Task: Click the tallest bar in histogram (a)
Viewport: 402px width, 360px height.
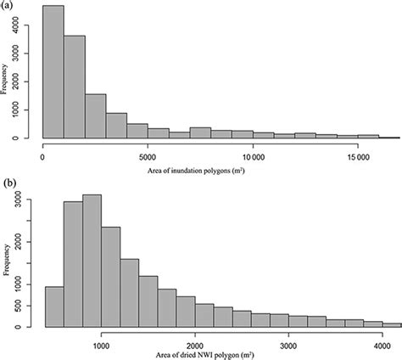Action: coord(53,72)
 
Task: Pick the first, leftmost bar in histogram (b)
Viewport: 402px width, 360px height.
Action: coord(53,307)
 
